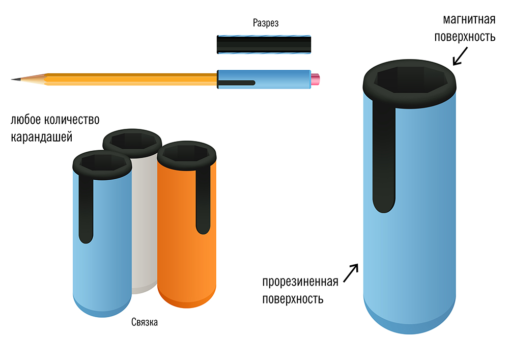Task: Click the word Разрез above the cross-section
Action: point(266,23)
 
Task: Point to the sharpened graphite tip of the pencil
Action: point(14,79)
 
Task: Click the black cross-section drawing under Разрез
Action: point(264,44)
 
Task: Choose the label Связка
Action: point(145,322)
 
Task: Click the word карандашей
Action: point(43,137)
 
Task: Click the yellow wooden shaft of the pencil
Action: point(127,79)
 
